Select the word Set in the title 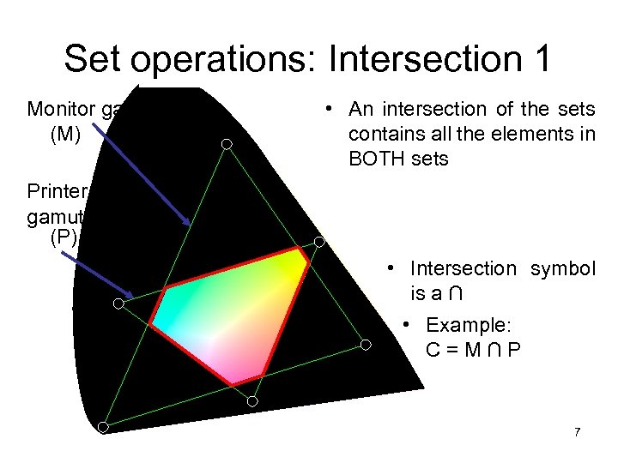(x=94, y=59)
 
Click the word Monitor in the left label (x=58, y=110)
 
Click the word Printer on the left (x=53, y=189)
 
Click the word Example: (x=468, y=326)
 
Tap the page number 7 (x=577, y=431)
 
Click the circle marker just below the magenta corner (x=252, y=400)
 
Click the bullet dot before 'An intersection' (x=329, y=110)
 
